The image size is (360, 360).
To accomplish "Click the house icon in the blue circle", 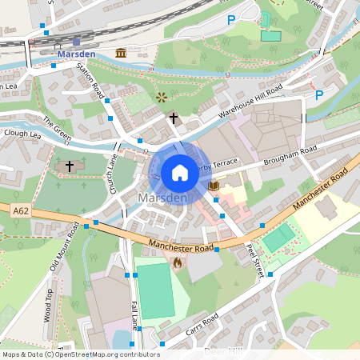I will tap(180, 172).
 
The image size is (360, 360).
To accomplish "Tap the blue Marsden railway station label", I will tap(77, 54).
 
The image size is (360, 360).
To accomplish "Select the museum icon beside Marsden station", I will tap(121, 53).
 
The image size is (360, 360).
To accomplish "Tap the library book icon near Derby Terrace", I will tap(214, 186).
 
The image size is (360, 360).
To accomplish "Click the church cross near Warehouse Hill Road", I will tap(173, 118).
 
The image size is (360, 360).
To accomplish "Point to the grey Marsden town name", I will tap(162, 198).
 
